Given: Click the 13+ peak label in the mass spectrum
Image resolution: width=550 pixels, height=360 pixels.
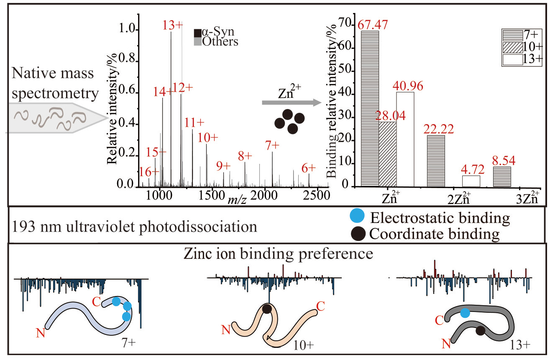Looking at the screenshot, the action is point(173,25).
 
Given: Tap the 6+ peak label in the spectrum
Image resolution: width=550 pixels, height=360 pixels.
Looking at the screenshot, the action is point(309,168).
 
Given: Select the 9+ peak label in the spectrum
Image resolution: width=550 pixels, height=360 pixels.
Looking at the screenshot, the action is point(223,166).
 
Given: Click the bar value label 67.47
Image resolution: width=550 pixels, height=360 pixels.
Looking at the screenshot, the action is point(373,25).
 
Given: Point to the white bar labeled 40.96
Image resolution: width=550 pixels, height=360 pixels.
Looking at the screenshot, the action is point(405,139).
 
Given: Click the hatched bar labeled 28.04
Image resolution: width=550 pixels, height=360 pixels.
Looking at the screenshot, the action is point(387,154).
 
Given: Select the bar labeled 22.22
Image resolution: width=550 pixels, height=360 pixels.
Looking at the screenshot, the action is point(436,161).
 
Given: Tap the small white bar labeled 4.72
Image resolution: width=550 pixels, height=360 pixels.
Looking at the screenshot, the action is point(471,181).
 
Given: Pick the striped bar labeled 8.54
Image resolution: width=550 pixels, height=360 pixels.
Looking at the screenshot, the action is point(502,177).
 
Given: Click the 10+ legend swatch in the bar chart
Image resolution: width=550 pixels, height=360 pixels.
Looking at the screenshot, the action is point(513,47).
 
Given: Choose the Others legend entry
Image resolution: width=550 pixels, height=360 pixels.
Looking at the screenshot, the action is point(216,41).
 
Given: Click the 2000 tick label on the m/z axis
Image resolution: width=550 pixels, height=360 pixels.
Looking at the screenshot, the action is point(264,196).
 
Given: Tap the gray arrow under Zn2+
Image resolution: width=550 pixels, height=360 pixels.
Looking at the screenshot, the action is point(292,102).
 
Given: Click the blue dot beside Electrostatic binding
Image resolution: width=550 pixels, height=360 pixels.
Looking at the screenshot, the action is point(357,216).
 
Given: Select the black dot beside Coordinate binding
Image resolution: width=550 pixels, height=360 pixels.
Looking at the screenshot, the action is point(358,234).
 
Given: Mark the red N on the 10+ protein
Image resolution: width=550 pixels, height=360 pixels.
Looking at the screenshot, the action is point(226,330).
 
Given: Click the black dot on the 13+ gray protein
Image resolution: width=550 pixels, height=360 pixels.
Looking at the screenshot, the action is point(480,331).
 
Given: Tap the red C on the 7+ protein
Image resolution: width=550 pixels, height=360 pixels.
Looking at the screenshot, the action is point(97,302).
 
